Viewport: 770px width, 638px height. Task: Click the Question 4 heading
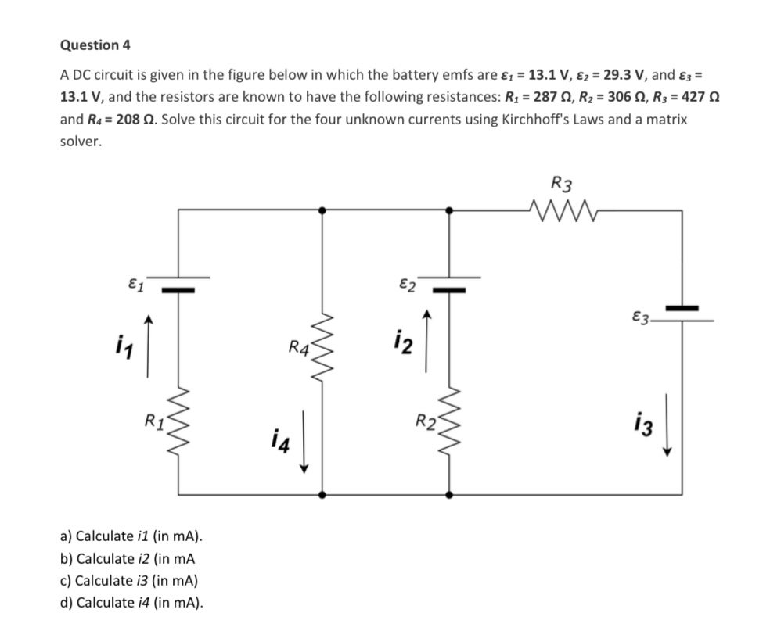pyautogui.click(x=95, y=45)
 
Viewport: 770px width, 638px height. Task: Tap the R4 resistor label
pyautogui.click(x=298, y=346)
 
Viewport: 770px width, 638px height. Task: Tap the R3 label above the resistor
pyautogui.click(x=561, y=185)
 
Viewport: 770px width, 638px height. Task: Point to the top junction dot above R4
pyautogui.click(x=322, y=209)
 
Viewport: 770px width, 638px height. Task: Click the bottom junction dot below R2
pyautogui.click(x=449, y=495)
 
